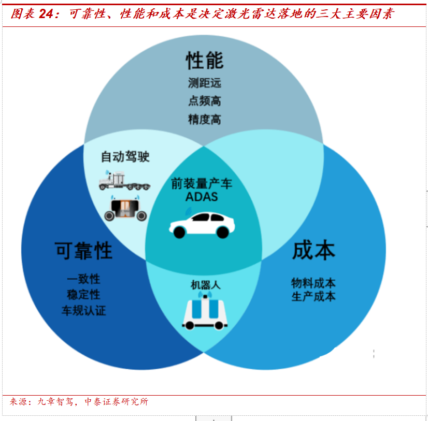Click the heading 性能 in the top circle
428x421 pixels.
pos(204,61)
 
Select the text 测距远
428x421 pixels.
pos(204,83)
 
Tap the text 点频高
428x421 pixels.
pos(204,101)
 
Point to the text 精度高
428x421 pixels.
pos(204,120)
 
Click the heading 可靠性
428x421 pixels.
pos(83,251)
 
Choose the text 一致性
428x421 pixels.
pos(83,279)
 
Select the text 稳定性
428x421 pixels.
pos(83,295)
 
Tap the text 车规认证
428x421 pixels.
pos(83,311)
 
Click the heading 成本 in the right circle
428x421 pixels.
pos(313,250)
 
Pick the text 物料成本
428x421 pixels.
pos(313,283)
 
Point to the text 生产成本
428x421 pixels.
pos(313,297)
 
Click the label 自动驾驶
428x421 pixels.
pos(125,156)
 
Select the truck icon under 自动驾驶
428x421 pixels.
pos(124,180)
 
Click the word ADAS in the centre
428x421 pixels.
pos(202,197)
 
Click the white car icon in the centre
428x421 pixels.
pos(202,224)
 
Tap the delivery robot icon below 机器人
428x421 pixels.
pos(206,311)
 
